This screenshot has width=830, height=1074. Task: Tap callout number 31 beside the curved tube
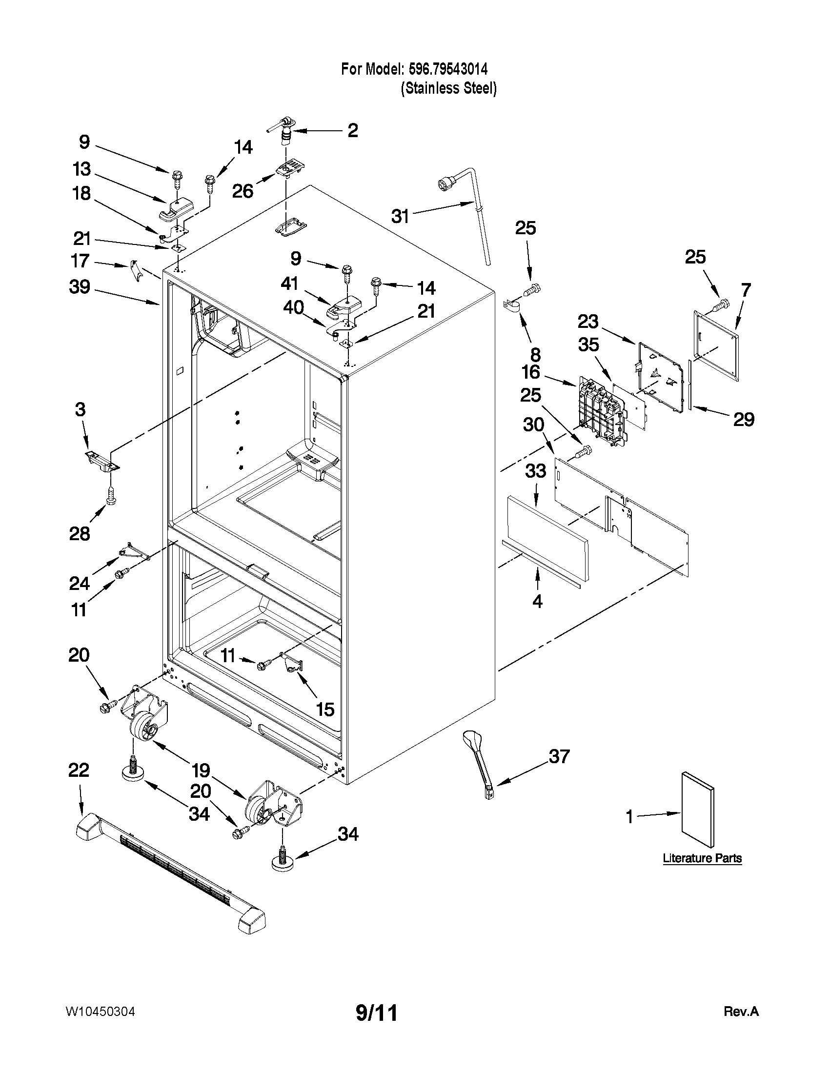(x=400, y=216)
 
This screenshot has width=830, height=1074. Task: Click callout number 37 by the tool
(x=559, y=756)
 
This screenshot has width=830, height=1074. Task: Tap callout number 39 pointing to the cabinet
(x=80, y=286)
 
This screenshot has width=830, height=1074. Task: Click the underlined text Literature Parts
(x=702, y=858)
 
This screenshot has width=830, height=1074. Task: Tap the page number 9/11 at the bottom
(x=376, y=1013)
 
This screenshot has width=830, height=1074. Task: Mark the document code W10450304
(x=100, y=1012)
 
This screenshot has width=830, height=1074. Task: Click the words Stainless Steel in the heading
(x=448, y=88)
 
